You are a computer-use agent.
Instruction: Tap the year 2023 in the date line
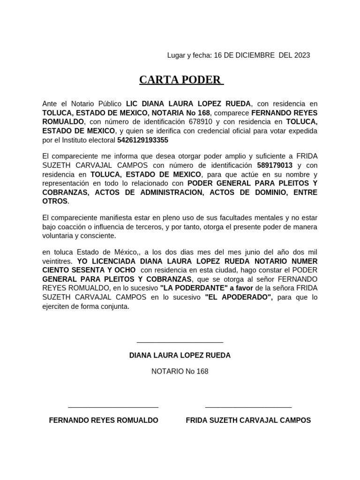(x=302, y=55)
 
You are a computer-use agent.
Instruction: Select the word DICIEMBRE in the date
(x=252, y=55)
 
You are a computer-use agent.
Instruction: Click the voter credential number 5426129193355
(x=142, y=140)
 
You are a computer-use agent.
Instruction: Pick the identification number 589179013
(x=275, y=165)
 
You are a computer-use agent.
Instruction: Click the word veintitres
(x=57, y=261)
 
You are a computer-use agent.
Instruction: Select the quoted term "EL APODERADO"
(x=239, y=298)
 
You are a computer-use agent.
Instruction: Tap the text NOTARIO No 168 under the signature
(x=180, y=371)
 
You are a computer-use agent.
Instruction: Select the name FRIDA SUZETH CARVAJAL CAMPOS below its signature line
(x=248, y=420)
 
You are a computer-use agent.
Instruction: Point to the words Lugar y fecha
(x=189, y=55)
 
